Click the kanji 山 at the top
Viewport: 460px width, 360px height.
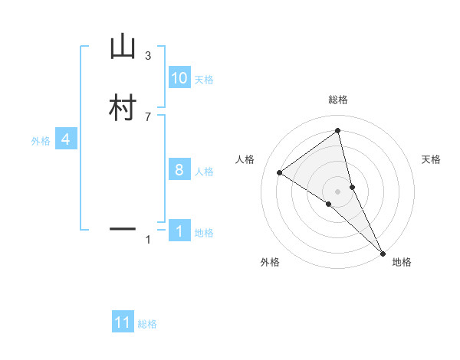123,47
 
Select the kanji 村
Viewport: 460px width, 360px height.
123,108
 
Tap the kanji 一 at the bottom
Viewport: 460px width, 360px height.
123,228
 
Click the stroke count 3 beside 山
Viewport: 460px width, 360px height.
148,56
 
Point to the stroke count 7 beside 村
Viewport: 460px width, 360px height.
148,116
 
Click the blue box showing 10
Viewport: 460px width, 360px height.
179,78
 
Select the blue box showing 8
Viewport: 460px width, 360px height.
179,170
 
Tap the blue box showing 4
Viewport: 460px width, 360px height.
66,139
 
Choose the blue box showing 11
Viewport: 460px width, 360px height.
123,322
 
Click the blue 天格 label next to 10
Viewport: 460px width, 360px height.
204,80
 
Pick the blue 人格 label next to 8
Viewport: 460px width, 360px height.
204,172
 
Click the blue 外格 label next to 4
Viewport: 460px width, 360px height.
41,141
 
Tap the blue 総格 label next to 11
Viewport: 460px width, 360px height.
147,324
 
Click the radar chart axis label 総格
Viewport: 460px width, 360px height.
338,100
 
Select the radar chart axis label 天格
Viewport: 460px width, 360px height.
432,159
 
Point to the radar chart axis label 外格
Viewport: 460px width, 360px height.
270,262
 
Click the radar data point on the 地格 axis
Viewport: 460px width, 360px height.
383,252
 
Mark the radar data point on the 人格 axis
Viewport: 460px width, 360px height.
279,172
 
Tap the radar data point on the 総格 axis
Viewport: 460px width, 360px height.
338,130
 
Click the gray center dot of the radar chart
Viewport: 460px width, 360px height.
338,191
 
